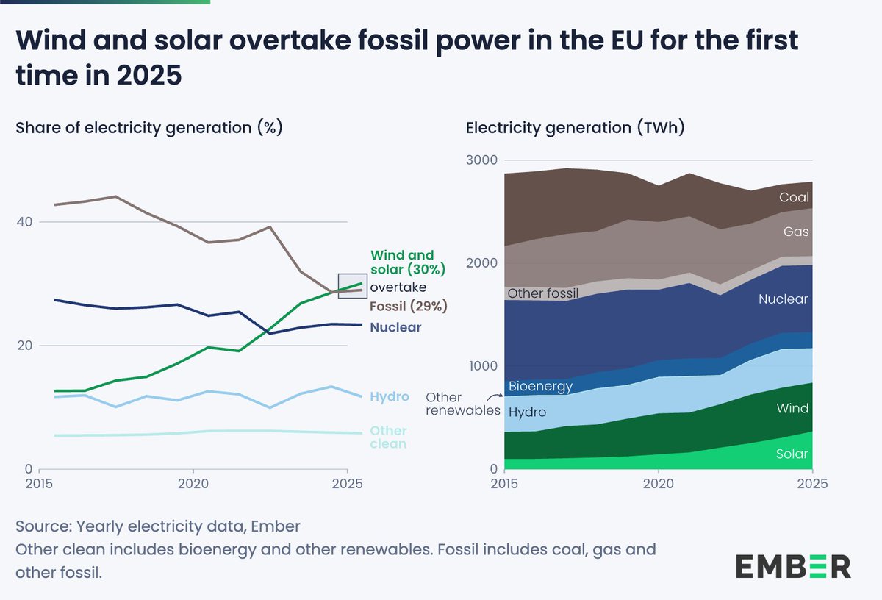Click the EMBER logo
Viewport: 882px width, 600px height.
793,566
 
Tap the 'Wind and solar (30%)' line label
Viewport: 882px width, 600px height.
408,262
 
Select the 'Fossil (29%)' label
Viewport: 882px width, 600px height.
409,306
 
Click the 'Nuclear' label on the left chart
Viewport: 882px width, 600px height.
395,327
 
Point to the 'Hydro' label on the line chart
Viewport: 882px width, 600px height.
390,397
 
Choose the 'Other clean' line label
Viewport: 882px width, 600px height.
389,437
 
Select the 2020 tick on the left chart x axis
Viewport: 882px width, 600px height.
193,484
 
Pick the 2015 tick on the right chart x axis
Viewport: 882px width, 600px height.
503,484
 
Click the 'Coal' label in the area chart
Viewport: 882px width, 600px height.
794,197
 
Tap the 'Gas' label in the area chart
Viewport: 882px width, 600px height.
796,232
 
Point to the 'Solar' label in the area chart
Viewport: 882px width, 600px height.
792,454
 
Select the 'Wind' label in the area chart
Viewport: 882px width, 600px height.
793,408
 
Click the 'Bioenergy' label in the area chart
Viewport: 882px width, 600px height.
540,386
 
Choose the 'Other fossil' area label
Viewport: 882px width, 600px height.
543,293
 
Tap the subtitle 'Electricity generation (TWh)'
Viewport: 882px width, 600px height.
576,128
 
